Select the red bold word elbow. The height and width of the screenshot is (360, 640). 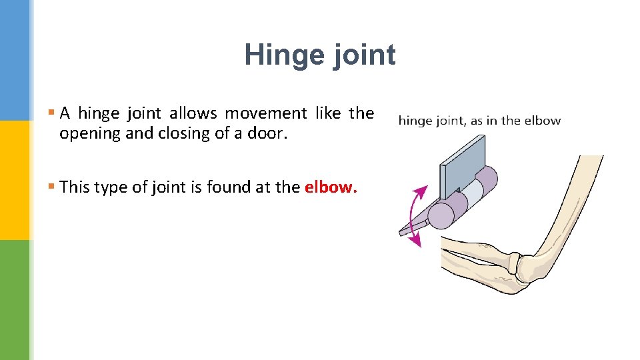pos(331,187)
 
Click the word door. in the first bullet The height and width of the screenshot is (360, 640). pos(267,133)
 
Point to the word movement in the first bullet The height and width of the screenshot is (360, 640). pos(266,113)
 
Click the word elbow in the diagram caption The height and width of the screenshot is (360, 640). pos(543,121)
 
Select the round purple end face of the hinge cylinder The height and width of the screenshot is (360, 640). pos(440,215)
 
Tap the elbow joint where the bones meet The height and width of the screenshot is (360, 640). pos(527,267)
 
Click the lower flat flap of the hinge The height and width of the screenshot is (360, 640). pos(413,223)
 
